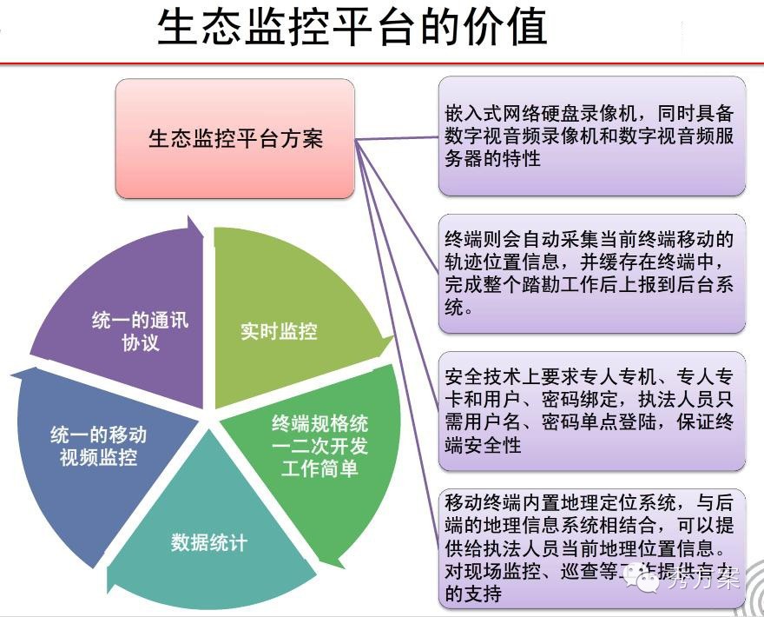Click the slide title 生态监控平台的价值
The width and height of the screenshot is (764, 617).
[x=352, y=28]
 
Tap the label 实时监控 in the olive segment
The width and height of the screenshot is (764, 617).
[x=279, y=331]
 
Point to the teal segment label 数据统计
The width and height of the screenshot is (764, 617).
[x=209, y=543]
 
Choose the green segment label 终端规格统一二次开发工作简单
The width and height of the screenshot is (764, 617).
[x=319, y=447]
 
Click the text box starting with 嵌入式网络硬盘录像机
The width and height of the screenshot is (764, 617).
[x=592, y=136]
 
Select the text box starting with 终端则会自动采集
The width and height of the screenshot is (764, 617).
[x=592, y=273]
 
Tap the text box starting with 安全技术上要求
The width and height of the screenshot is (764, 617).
[x=592, y=410]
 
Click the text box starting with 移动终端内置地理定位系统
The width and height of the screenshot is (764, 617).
[x=592, y=547]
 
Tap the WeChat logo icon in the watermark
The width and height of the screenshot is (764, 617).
[x=643, y=577]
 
